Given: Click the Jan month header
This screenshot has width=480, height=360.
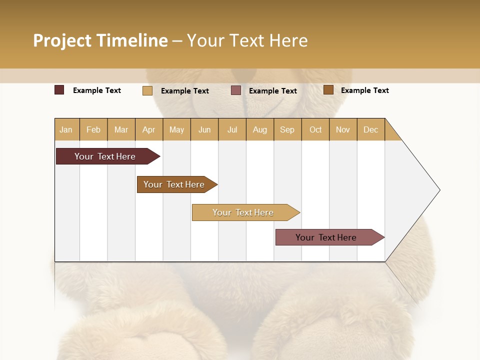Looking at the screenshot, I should click(x=66, y=129).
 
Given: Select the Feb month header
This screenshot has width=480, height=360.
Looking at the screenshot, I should click(x=93, y=129).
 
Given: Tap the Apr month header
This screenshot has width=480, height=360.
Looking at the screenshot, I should click(x=149, y=129).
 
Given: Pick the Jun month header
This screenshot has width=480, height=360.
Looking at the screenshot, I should click(x=204, y=129).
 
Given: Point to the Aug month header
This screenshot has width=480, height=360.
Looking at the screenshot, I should click(x=260, y=129).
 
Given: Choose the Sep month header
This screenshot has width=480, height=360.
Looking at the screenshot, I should click(x=287, y=129).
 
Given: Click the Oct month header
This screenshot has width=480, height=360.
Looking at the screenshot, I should click(x=315, y=129).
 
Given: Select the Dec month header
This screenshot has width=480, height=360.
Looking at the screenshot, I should click(x=371, y=129).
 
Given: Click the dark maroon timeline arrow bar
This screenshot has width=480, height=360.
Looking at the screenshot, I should click(x=105, y=156).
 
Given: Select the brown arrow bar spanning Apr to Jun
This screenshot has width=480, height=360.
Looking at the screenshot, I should click(x=174, y=184).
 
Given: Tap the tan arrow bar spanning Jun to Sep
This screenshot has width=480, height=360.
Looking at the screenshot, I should click(x=243, y=212).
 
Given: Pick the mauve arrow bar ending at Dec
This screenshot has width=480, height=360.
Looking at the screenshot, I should click(x=326, y=237).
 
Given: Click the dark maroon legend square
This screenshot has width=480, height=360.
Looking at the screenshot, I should click(x=59, y=90).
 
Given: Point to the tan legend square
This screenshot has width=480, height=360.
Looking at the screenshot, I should click(x=147, y=90).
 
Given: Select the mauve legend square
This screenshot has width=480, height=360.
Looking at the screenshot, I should click(x=236, y=90).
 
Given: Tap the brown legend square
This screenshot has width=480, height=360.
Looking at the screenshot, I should click(x=328, y=90).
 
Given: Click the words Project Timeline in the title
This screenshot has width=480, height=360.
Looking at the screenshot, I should click(x=100, y=40).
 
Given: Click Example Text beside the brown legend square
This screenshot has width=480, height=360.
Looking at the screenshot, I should click(x=364, y=90).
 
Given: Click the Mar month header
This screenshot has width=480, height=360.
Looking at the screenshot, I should click(x=121, y=129).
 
